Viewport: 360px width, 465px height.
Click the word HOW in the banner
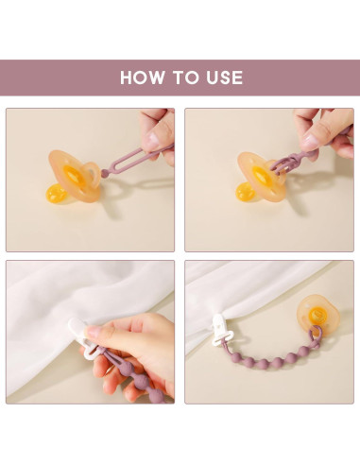143,77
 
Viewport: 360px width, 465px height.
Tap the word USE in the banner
225,77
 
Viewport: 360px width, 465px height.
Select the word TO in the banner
185,77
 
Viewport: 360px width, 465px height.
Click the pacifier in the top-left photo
75,176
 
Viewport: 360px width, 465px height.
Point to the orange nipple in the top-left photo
56,193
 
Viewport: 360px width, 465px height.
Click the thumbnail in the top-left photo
153,139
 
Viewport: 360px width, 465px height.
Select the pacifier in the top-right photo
261,178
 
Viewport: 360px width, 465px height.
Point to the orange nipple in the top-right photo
245,191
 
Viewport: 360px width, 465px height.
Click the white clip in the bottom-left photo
83,338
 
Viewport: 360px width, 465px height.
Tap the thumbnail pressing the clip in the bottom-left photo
94,332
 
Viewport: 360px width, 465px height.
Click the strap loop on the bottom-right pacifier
316,335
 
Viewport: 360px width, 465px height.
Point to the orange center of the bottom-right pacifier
316,314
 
